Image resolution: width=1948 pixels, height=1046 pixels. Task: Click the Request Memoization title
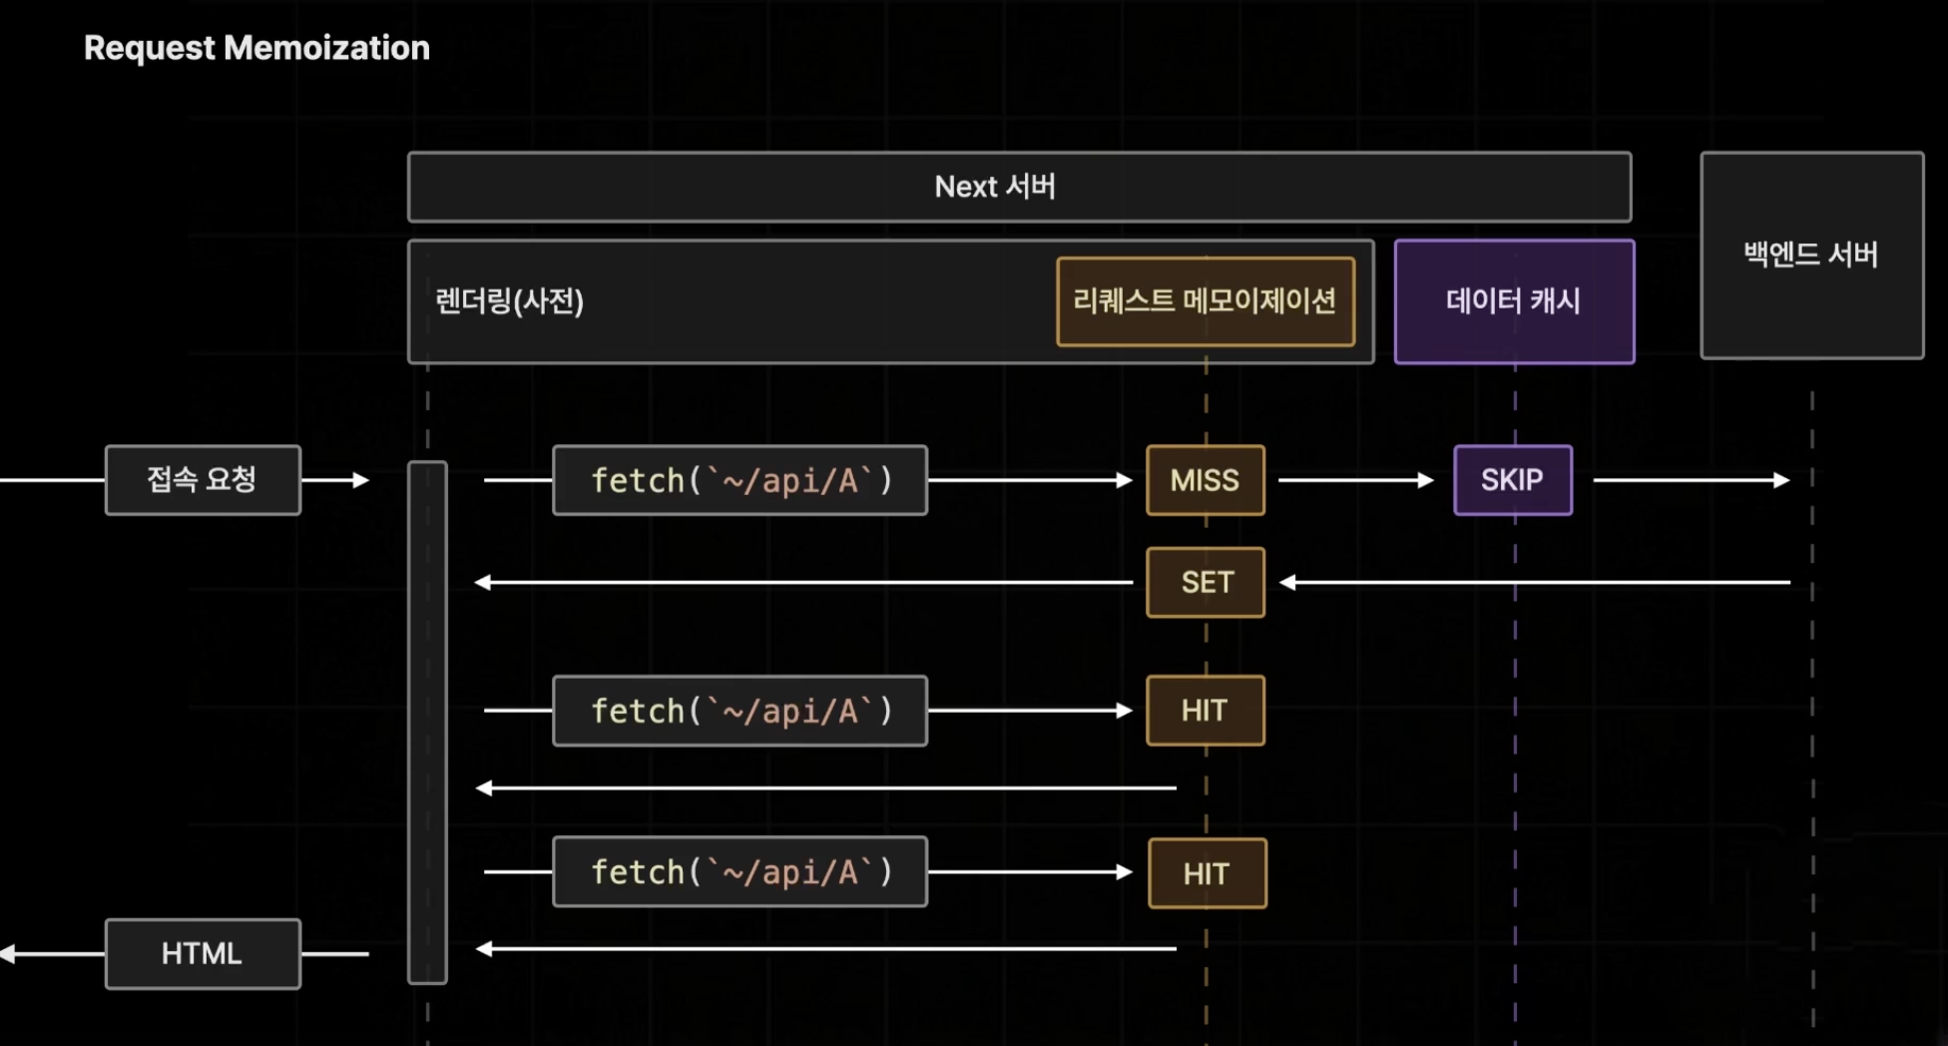coord(256,48)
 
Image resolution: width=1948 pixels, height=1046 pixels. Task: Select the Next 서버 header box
coord(1019,187)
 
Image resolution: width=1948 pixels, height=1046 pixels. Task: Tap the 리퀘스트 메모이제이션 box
coord(1206,301)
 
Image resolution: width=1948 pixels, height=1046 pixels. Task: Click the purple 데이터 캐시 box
coord(1514,301)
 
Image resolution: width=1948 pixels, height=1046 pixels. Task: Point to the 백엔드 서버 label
coord(1810,255)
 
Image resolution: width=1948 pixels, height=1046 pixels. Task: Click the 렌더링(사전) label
coord(509,300)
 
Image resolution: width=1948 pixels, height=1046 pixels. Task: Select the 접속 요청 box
coord(203,480)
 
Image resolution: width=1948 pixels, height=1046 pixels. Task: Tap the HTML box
coord(203,954)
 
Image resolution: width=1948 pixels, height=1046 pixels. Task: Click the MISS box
coord(1206,480)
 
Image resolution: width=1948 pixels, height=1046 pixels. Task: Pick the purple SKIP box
coord(1513,480)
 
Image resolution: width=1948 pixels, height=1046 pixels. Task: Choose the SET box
coord(1206,583)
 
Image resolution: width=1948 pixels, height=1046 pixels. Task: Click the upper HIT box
coord(1206,711)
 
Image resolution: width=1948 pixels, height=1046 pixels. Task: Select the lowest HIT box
coord(1208,873)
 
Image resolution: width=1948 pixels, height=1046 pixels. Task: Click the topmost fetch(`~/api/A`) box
coord(739,480)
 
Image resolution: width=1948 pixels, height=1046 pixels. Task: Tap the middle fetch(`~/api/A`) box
coord(739,711)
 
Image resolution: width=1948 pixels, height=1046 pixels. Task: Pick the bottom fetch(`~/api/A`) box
coord(739,871)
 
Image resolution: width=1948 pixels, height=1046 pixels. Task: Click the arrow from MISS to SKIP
coord(1356,480)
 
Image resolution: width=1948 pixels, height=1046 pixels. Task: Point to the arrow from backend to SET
coord(1535,582)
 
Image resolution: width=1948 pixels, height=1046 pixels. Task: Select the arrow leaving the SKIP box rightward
coord(1692,480)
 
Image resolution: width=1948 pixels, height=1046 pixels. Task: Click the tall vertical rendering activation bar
coord(427,723)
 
